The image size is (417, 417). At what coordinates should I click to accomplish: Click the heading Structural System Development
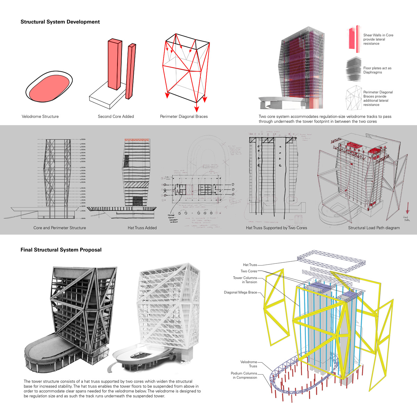click(60, 22)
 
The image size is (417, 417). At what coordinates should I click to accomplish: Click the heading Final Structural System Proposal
click(61, 250)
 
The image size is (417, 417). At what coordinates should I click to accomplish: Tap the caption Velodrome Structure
click(40, 116)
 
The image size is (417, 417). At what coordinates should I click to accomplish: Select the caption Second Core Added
click(116, 116)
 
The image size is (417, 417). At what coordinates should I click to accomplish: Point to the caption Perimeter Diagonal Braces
click(184, 116)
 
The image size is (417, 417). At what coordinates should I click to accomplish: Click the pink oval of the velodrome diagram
click(49, 87)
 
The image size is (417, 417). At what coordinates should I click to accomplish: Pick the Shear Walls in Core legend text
click(378, 39)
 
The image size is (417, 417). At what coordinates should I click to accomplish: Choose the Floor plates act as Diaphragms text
click(377, 70)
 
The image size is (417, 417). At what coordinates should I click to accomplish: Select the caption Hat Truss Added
click(142, 228)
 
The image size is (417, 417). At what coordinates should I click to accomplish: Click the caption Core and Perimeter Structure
click(60, 228)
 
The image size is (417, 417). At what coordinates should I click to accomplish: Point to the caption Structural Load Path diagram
click(374, 228)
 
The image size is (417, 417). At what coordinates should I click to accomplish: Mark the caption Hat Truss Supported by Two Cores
click(276, 228)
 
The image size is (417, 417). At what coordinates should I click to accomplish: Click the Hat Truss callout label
click(250, 265)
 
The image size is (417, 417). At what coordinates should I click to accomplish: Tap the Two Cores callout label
click(249, 271)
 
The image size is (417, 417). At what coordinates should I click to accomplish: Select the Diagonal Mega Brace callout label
click(240, 293)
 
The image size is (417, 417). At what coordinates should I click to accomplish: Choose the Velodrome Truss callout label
click(249, 364)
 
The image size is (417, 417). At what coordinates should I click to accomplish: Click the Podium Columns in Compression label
click(244, 375)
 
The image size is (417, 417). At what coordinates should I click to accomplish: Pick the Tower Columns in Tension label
click(245, 280)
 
